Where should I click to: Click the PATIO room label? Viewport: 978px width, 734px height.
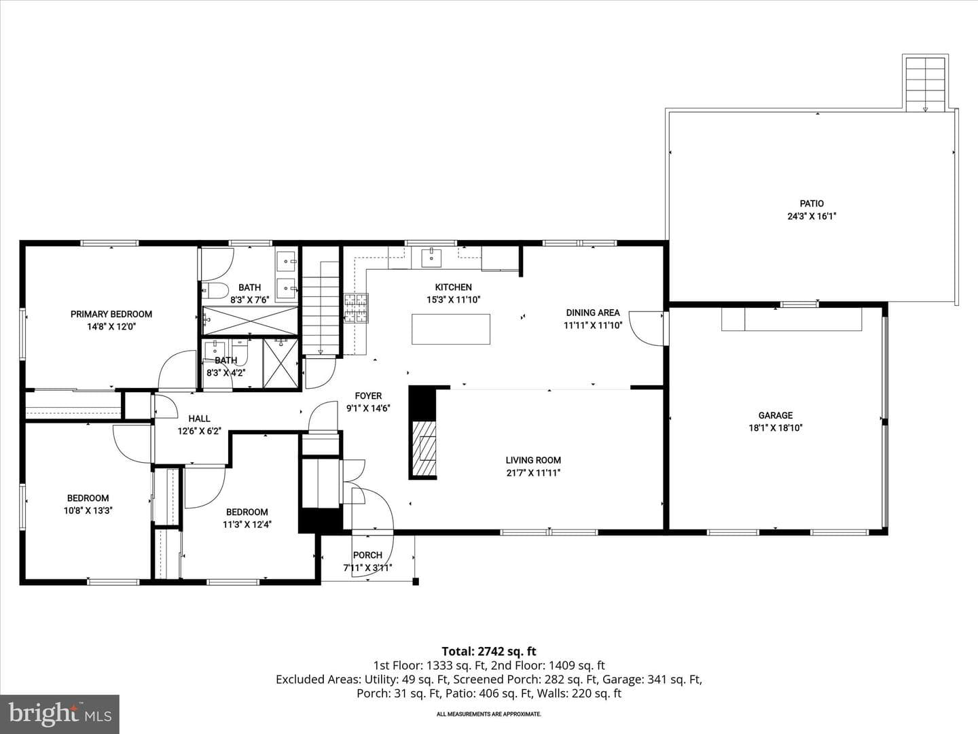click(812, 204)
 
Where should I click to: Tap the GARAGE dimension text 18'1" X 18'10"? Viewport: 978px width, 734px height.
click(776, 428)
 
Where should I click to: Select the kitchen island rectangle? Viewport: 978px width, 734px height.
click(450, 329)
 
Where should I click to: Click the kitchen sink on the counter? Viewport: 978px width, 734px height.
click(431, 257)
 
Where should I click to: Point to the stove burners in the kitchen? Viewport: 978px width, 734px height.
click(356, 307)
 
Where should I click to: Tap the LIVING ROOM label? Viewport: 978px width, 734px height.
click(533, 460)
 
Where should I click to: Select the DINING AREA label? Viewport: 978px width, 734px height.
click(593, 313)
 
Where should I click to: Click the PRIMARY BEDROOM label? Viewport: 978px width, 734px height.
click(111, 314)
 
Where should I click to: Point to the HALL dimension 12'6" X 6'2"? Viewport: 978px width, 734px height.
click(199, 431)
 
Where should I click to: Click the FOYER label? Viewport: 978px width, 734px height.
click(368, 396)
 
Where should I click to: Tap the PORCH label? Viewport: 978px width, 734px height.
click(367, 555)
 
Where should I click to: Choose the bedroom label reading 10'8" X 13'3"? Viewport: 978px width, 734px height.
click(88, 510)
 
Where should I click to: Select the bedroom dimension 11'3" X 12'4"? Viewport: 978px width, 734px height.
click(247, 525)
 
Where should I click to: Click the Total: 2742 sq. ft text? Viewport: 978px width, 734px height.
click(489, 652)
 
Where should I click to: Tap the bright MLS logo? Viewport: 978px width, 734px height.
click(60, 714)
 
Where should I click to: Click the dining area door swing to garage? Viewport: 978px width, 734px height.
click(647, 328)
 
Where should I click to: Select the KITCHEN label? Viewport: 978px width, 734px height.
click(453, 287)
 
